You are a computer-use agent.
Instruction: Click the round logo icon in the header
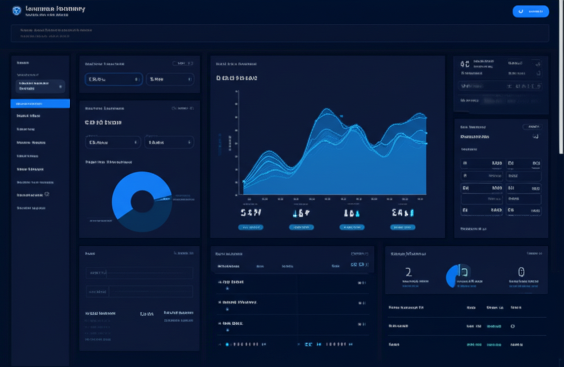(17, 10)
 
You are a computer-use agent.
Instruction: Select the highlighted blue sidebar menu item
(40, 104)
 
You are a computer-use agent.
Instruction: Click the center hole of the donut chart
(142, 201)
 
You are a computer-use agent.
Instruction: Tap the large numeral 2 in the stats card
(408, 272)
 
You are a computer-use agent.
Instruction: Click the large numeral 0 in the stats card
(521, 272)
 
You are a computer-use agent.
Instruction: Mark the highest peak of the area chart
(327, 109)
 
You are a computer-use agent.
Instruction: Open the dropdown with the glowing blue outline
(113, 79)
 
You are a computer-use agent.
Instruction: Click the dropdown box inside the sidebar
(40, 86)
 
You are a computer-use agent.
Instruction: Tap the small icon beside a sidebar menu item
(47, 195)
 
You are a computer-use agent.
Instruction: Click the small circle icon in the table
(513, 326)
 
